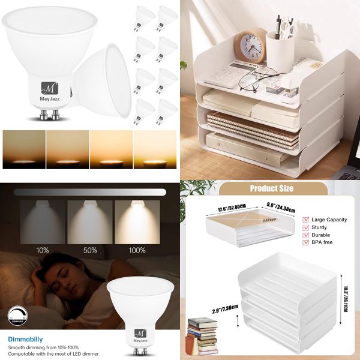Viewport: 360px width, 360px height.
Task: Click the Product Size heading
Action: (271, 188)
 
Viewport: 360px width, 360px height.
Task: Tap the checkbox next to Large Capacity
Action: (307, 220)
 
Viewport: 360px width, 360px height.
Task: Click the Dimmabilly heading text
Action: (26, 339)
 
